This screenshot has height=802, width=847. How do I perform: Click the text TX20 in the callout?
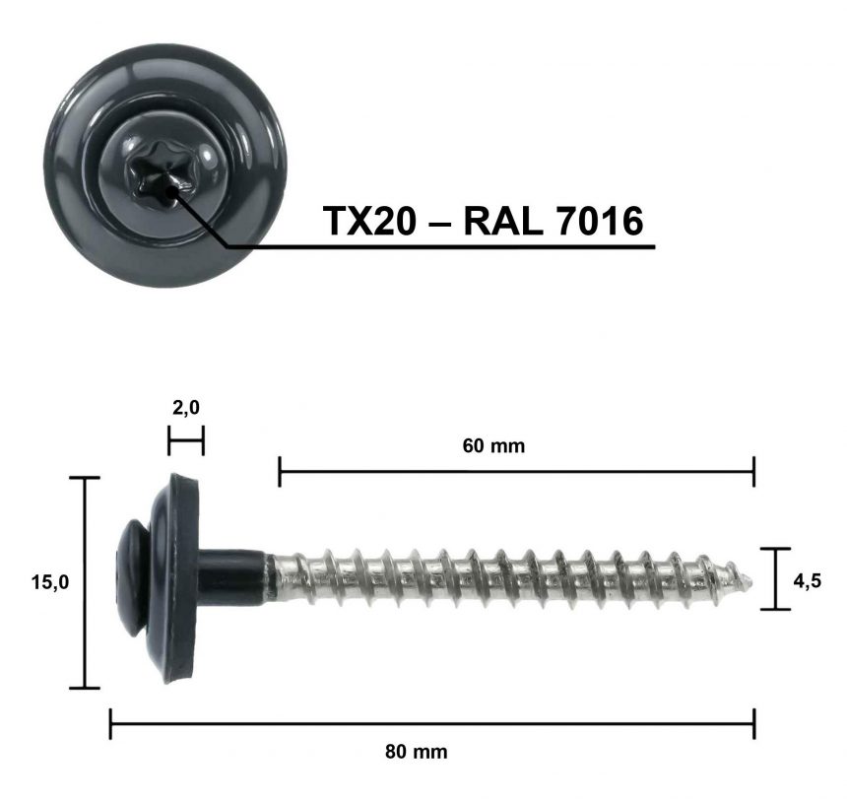click(x=370, y=221)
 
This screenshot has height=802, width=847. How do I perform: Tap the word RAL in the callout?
click(x=503, y=221)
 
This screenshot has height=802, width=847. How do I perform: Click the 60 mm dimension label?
click(x=493, y=446)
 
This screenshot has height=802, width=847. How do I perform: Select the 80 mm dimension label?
click(x=416, y=752)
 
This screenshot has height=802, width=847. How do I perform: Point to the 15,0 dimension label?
click(x=49, y=582)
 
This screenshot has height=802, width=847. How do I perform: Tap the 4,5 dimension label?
click(x=807, y=580)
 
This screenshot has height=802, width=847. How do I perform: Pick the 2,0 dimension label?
click(x=186, y=408)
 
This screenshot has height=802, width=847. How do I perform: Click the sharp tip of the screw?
click(x=751, y=581)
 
